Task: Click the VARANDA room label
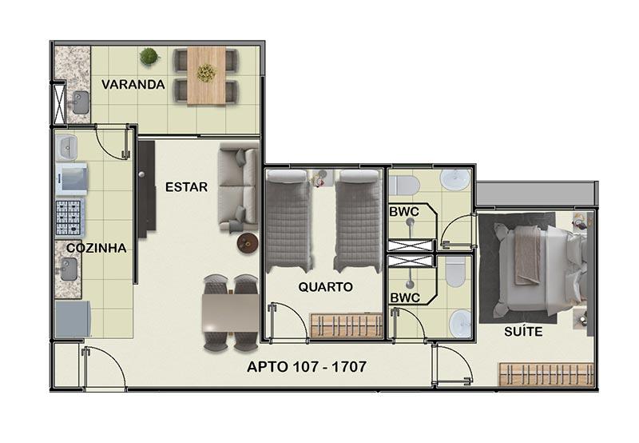point(133,85)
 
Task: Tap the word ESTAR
point(186,187)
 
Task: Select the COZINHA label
point(96,248)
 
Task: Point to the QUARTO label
point(325,287)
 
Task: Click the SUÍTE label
point(523,332)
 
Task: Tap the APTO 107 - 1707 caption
point(307,367)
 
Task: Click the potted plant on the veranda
point(149,56)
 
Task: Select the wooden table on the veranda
point(206,76)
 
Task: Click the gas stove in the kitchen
point(69,218)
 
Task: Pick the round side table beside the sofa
point(248,243)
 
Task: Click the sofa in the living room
point(238,188)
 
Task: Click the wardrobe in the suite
point(546,374)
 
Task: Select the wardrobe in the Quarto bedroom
point(347,325)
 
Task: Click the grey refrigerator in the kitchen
point(73,319)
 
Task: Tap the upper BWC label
point(404,212)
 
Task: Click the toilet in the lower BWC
point(455,271)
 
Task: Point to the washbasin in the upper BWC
point(455,179)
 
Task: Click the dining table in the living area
point(230,313)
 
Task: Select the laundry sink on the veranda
point(81,102)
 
